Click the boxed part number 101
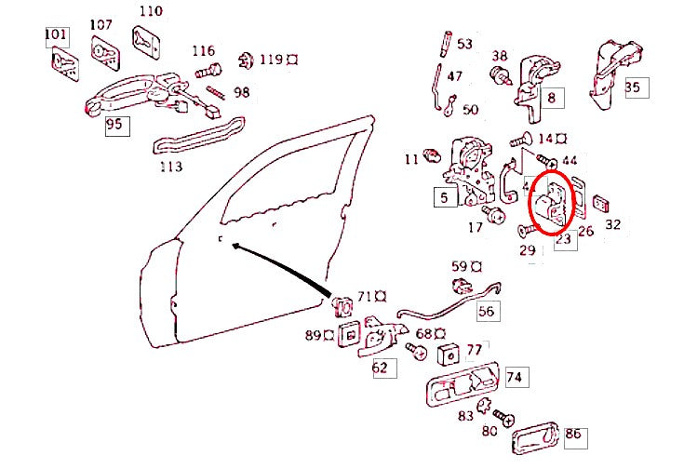[x=57, y=36]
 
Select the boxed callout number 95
[x=114, y=125]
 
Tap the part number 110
[x=149, y=11]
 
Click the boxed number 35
[x=633, y=87]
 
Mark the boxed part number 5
[x=444, y=197]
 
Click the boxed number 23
[x=563, y=239]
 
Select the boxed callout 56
[x=487, y=311]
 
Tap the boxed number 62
[x=380, y=368]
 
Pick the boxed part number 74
[x=515, y=377]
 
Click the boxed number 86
[x=573, y=433]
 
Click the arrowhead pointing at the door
[x=234, y=246]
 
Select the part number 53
[x=464, y=44]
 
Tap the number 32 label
[x=612, y=224]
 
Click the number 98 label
[x=242, y=92]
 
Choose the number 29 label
[x=528, y=251]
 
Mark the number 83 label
[x=465, y=416]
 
